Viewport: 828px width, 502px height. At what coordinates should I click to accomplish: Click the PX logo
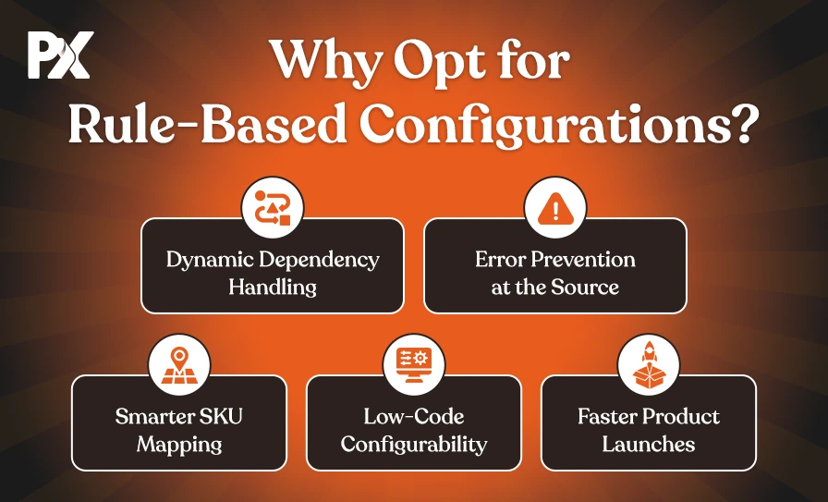point(61,55)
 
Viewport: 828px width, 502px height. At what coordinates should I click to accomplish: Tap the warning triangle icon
point(555,209)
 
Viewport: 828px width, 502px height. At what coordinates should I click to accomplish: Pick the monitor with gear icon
point(414,365)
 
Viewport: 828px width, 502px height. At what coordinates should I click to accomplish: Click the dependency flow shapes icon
point(273,208)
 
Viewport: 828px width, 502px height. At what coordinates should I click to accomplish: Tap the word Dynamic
point(210,260)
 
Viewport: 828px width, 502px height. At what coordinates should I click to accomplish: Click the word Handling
point(273,287)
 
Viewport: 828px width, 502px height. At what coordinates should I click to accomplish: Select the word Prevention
point(582,259)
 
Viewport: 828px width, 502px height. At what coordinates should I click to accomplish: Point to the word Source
point(585,287)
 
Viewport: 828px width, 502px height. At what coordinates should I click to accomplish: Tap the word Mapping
point(179,445)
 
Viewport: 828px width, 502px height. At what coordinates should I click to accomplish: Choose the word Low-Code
point(414,416)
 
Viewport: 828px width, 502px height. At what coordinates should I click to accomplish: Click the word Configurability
point(414,445)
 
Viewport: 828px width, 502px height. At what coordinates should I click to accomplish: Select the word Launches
point(649,444)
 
